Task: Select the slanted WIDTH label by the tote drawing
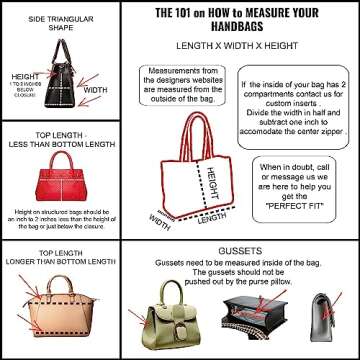point(161,218)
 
